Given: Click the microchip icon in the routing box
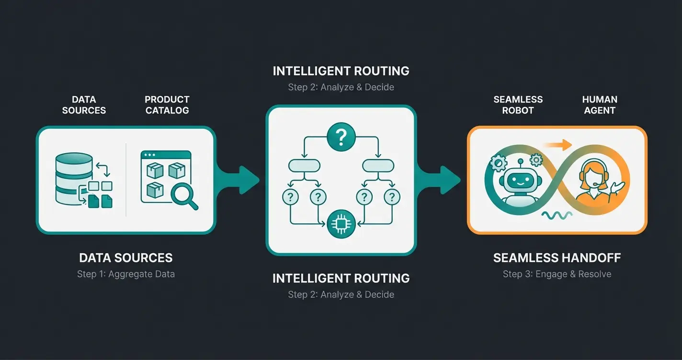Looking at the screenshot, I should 341,223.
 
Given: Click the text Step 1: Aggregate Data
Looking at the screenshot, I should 126,274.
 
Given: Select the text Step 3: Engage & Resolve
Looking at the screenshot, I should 557,274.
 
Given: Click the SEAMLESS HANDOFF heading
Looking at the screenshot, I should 557,258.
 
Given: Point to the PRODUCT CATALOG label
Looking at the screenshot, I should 167,105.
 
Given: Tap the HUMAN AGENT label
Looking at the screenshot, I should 600,105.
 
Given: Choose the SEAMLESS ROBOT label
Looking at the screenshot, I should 518,105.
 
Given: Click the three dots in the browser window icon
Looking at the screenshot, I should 149,155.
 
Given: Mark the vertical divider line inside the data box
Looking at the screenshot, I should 126,180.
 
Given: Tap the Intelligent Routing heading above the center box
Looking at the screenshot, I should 341,71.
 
